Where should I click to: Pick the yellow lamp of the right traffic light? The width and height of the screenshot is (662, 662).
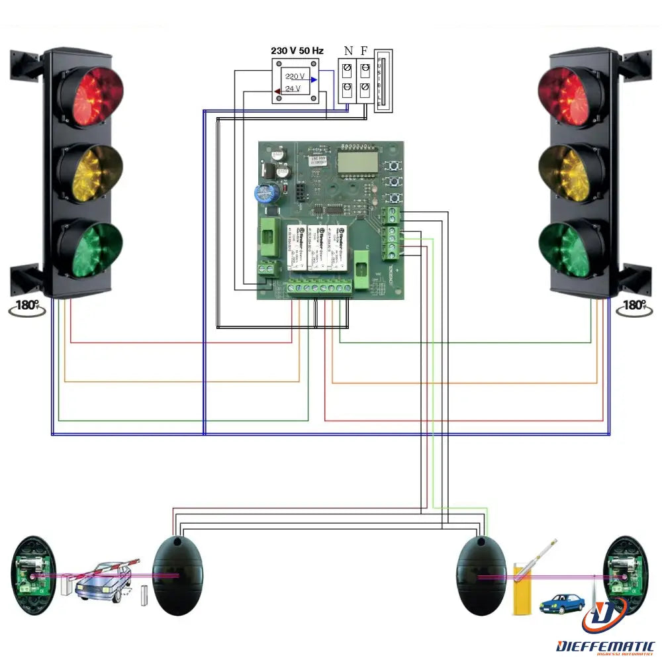tap(571, 173)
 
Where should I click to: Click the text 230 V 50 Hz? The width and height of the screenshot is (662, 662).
tap(297, 50)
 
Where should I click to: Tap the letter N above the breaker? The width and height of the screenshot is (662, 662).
tap(349, 50)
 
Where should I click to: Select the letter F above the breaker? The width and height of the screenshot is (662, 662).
tap(365, 50)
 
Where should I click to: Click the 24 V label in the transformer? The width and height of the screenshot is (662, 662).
tap(293, 88)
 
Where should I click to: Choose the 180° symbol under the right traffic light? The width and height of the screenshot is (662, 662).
tap(634, 306)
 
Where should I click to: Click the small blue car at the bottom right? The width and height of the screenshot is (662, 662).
tap(562, 603)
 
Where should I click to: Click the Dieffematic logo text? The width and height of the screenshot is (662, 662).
tap(606, 645)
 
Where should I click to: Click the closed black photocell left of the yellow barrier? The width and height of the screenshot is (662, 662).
tap(482, 573)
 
